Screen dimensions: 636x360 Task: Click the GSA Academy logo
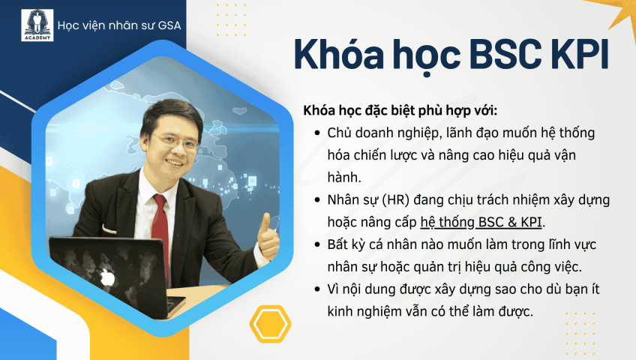coord(37,25)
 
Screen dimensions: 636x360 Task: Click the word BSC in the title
coord(505,55)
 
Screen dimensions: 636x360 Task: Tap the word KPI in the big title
coord(579,55)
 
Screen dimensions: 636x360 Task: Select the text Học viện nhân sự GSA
coord(119,25)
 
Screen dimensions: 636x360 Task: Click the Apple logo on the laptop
coord(107,277)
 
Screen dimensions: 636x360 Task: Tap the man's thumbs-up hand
coord(268,236)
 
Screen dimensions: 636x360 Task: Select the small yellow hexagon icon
coord(271,324)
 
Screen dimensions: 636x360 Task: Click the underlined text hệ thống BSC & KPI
coord(481,222)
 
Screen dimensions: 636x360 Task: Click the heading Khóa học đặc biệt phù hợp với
coord(400,110)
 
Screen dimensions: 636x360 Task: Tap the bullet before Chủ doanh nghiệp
coord(317,133)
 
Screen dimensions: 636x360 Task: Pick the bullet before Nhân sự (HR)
coord(317,199)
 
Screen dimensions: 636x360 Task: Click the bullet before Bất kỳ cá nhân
coord(317,244)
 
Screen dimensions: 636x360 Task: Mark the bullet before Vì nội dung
coord(317,289)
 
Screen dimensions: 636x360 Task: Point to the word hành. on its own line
coord(344,177)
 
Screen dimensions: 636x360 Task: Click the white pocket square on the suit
coord(109,229)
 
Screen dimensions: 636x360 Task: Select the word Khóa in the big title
coord(339,53)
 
